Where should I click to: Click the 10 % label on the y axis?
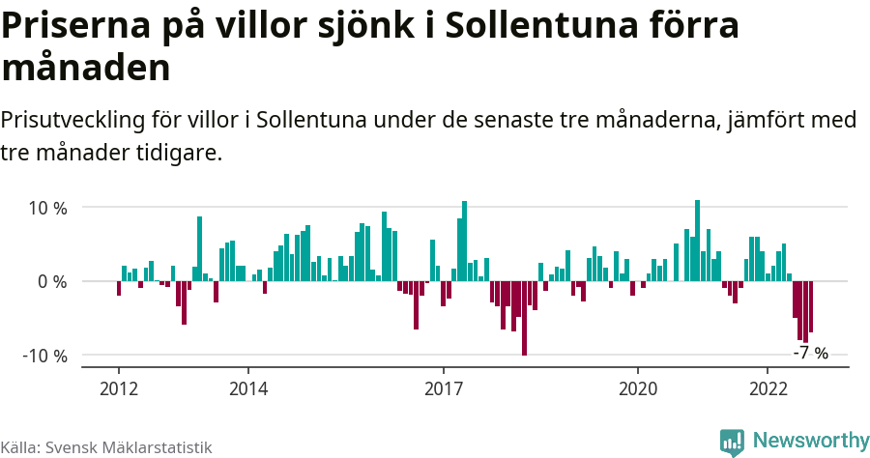click(47, 208)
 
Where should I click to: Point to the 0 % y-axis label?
click(52, 282)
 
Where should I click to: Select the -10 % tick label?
click(44, 356)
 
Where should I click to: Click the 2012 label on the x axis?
click(118, 388)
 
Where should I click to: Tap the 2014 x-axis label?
click(248, 388)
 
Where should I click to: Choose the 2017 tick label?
click(444, 388)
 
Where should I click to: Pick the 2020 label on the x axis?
click(638, 388)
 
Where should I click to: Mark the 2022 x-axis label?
click(768, 388)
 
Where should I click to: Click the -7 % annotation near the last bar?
click(810, 354)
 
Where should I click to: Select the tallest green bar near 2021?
click(697, 241)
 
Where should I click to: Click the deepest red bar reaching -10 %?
click(524, 318)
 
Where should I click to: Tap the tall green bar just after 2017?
click(465, 242)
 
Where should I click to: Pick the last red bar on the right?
click(810, 306)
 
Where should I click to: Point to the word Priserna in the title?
click(69, 26)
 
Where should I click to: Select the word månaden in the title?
click(86, 69)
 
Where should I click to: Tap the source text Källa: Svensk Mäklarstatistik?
click(106, 447)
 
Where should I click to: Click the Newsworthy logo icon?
click(732, 442)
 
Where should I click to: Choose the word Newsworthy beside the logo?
click(810, 441)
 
